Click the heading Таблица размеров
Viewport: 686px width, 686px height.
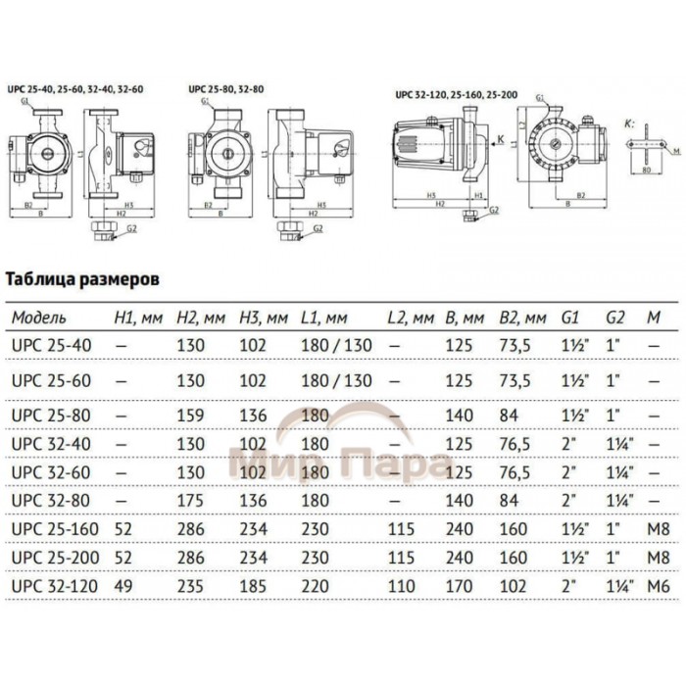click(82, 278)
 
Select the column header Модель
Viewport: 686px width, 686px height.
click(40, 319)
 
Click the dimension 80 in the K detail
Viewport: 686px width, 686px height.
click(645, 168)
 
